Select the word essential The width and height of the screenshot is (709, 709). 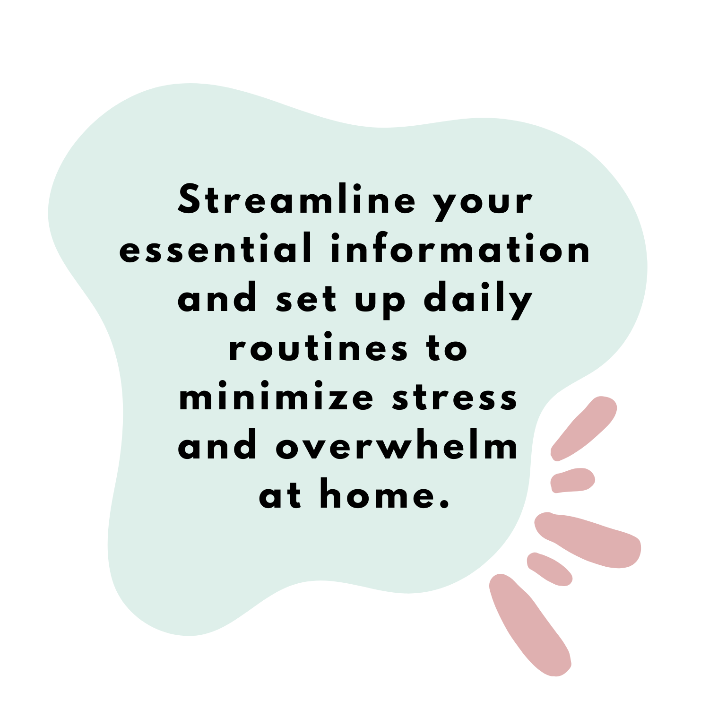[216, 248]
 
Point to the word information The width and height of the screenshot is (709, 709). [460, 248]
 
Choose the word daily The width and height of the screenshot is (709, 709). [478, 300]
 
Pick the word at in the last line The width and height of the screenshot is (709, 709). [280, 496]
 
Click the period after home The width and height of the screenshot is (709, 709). [443, 504]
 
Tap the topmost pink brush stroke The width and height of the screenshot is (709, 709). [583, 428]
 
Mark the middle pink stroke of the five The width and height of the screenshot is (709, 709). [588, 540]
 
